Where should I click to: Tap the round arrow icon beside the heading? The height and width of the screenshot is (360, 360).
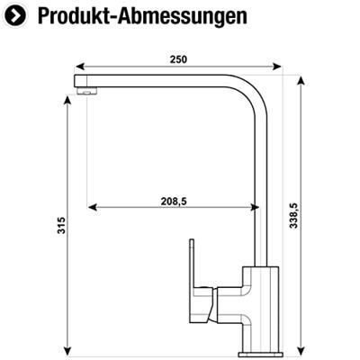pos(16,16)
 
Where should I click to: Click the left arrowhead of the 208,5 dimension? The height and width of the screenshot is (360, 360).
pos(93,208)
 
